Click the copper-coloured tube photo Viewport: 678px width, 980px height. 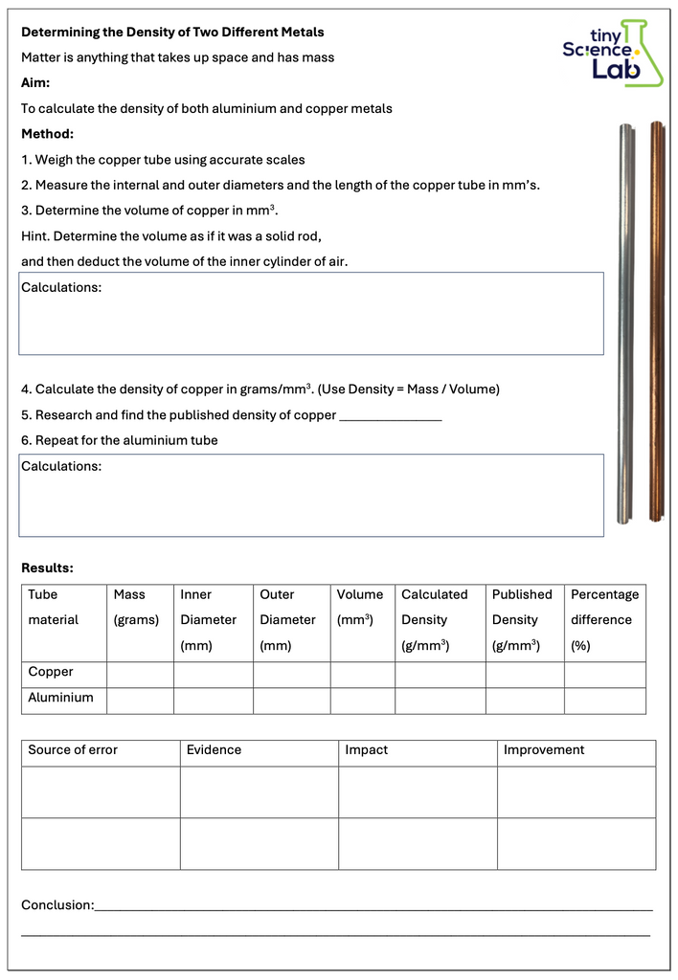point(656,321)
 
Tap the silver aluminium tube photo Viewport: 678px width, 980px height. point(625,323)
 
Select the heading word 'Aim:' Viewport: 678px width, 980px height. point(35,83)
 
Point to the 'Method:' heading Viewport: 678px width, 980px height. point(48,134)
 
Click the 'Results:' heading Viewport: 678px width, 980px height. point(48,568)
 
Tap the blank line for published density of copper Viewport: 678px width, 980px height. point(391,416)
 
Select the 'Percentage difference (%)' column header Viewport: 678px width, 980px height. point(604,619)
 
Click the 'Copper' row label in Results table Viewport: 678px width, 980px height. point(51,672)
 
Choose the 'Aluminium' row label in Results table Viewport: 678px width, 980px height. point(60,698)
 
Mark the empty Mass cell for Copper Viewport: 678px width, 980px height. point(140,674)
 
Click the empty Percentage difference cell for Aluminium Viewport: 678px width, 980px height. point(604,700)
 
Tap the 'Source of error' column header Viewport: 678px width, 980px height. point(73,750)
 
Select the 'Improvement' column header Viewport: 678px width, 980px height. point(544,750)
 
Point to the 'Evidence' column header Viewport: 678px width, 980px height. point(214,750)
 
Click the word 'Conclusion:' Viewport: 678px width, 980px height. point(57,904)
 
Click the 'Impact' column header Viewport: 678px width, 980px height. point(367,750)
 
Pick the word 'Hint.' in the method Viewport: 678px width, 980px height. point(37,236)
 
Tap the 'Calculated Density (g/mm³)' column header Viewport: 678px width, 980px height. point(435,619)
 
